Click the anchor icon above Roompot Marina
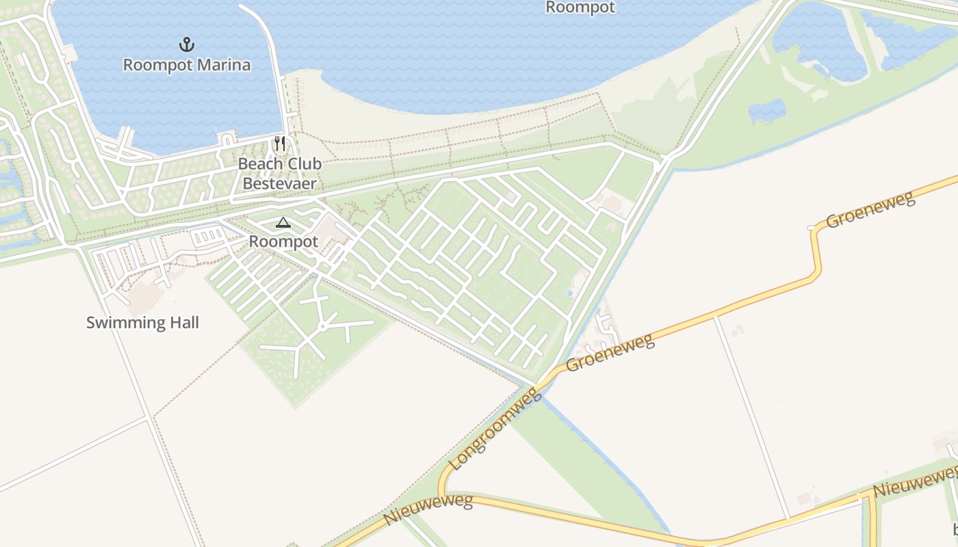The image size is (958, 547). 187,45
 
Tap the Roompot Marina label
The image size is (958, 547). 187,65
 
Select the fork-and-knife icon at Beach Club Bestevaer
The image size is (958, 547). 280,143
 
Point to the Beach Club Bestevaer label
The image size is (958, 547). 280,174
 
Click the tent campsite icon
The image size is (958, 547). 283,222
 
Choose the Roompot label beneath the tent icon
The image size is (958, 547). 283,241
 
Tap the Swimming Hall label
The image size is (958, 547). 142,323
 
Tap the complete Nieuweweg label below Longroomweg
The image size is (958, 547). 428,510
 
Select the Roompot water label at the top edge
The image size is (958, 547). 580,8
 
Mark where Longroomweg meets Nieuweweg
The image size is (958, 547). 443,494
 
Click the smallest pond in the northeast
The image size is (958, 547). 767,110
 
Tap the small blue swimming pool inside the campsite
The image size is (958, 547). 570,293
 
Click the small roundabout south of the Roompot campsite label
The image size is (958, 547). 322,327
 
